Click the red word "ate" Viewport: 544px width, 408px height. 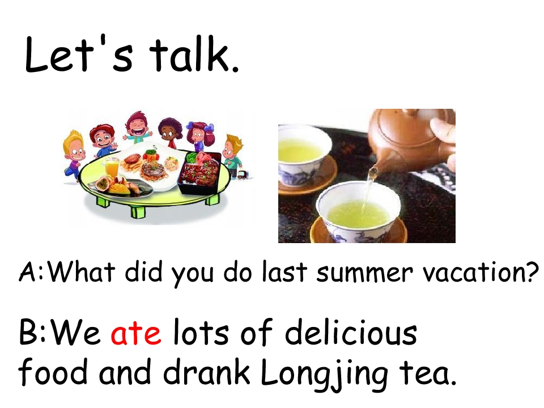point(136,334)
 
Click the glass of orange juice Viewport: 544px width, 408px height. point(113,168)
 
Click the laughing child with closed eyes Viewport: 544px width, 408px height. point(136,126)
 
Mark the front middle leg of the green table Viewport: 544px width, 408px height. point(138,211)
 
